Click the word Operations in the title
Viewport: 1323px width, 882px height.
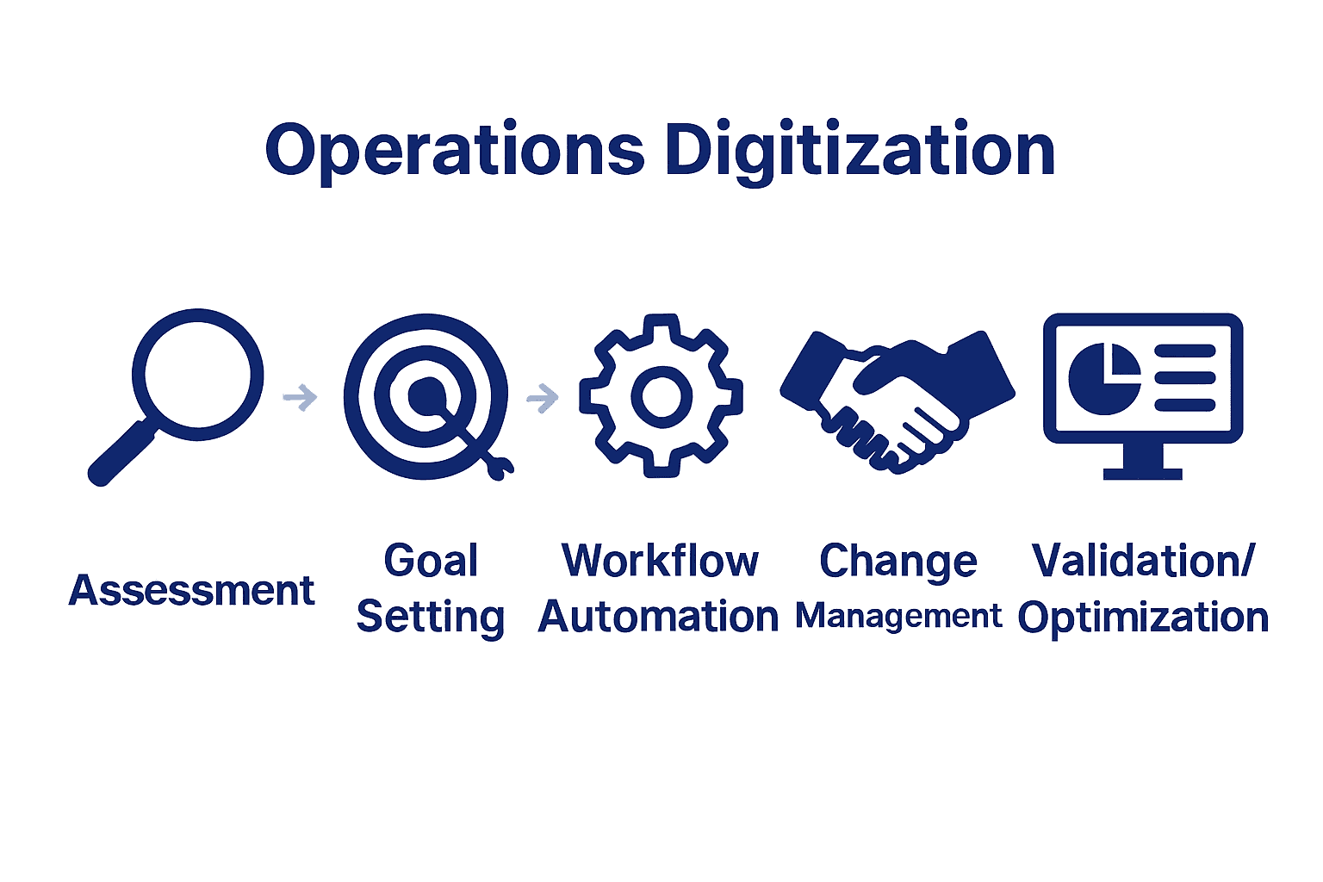coord(455,151)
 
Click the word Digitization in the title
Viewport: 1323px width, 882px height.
coord(860,151)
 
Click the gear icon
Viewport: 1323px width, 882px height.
coord(661,395)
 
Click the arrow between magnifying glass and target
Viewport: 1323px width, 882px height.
coord(300,397)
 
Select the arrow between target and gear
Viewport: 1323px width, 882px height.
coord(543,397)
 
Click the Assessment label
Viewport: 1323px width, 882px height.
coord(192,591)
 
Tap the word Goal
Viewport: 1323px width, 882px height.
coord(431,562)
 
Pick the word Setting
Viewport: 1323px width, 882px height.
coord(431,618)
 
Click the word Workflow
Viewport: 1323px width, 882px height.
coord(661,562)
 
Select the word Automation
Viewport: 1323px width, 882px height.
coord(658,618)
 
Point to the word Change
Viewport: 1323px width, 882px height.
coord(898,562)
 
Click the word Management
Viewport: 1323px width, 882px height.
coord(898,617)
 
